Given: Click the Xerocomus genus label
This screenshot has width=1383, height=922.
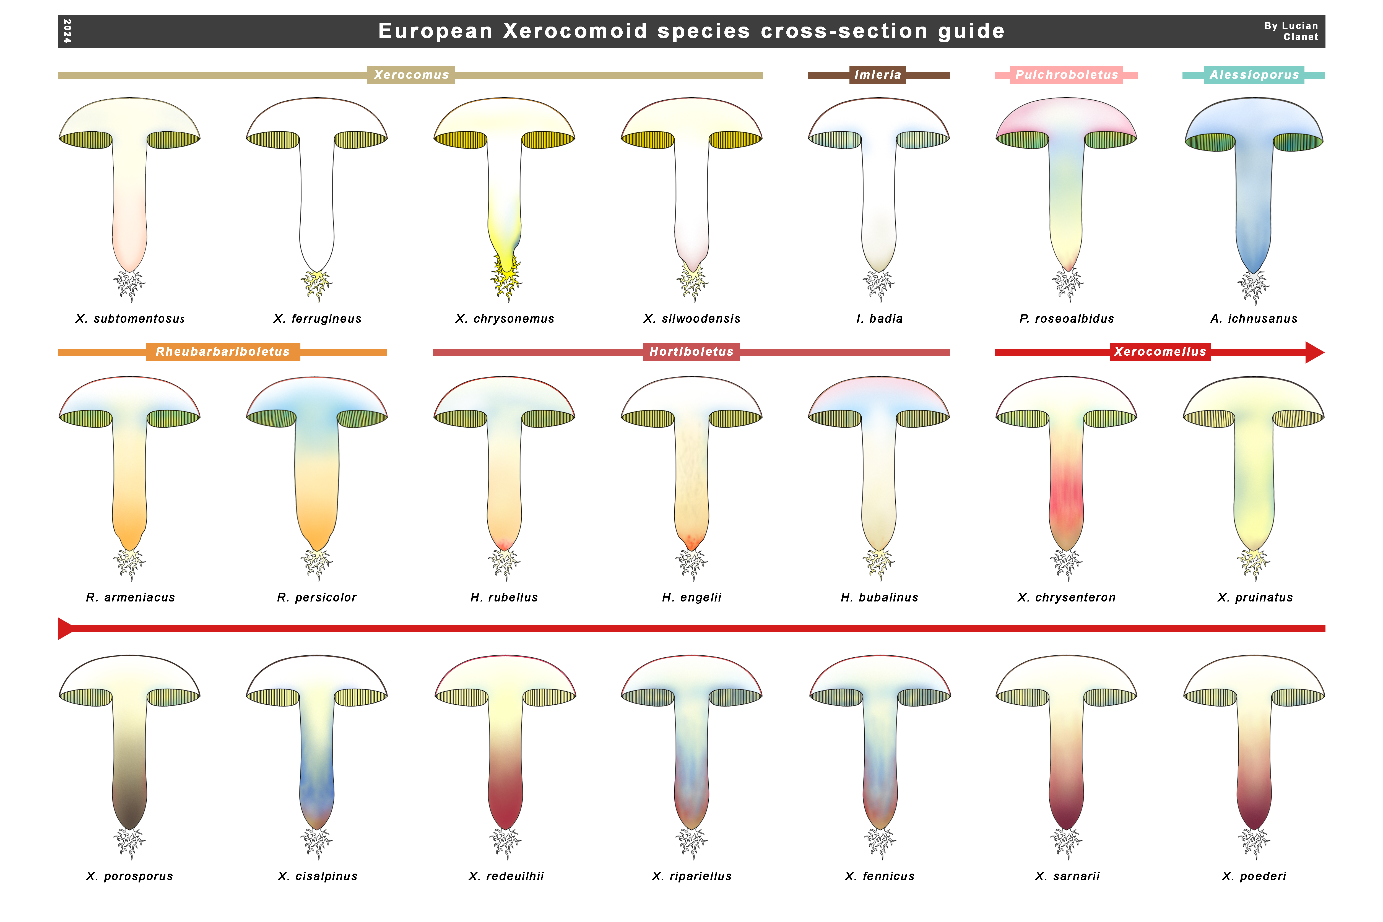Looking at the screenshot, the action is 411,75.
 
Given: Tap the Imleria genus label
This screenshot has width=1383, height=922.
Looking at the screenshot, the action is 877,75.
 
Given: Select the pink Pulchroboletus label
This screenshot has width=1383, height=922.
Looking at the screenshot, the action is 1066,75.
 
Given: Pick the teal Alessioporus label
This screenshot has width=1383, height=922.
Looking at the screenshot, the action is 1254,75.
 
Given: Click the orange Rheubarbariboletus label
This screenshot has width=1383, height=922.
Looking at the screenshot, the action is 223,352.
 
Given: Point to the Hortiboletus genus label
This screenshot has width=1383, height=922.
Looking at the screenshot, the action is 691,352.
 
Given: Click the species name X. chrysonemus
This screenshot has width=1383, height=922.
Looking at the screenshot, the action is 505,319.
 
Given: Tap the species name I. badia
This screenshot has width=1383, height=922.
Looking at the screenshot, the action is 879,319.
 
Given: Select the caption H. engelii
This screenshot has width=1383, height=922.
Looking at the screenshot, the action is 691,597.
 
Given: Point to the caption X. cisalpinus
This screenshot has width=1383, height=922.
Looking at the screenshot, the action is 318,876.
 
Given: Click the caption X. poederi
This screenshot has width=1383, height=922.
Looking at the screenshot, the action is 1254,876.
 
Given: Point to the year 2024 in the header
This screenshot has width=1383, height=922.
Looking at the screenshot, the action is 67,31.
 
